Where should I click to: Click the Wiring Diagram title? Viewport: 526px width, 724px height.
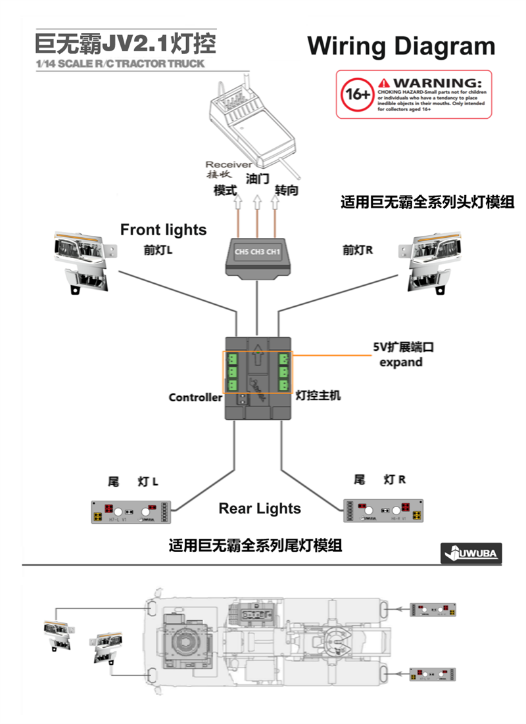click(401, 46)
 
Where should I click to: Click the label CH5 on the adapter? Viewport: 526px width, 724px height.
click(241, 252)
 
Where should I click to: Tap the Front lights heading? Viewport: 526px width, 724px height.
click(163, 230)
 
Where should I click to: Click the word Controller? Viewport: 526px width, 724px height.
click(195, 397)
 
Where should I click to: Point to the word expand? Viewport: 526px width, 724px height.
click(401, 362)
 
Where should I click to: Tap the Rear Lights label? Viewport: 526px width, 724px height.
click(260, 509)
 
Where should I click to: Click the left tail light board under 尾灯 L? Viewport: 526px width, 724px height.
click(131, 511)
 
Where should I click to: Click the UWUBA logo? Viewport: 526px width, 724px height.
click(470, 554)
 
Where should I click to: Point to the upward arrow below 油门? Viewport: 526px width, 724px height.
click(257, 197)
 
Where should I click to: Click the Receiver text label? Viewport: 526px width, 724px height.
click(228, 164)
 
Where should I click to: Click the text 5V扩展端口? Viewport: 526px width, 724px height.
click(401, 347)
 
